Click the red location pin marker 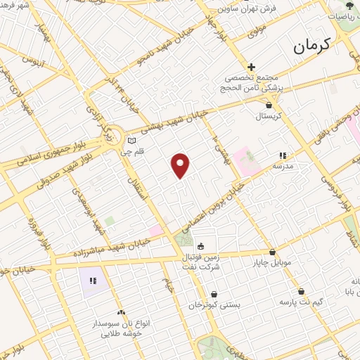click(181, 165)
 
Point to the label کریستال click(266, 115)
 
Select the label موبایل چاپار click(272, 263)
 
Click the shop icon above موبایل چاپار click(272, 252)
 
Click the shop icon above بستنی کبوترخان click(214, 295)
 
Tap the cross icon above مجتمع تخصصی click(252, 67)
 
